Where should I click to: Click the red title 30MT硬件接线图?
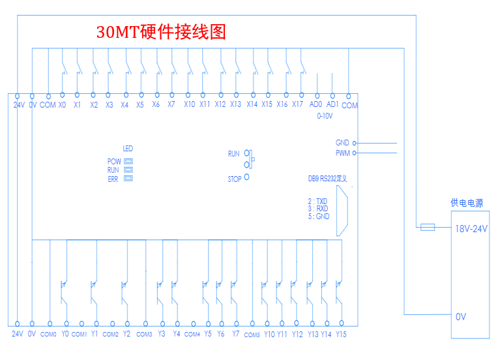pyautogui.click(x=161, y=33)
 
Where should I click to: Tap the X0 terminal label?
pyautogui.click(x=62, y=104)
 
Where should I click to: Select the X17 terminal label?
pyautogui.click(x=298, y=104)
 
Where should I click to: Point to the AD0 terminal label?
pyautogui.click(x=316, y=104)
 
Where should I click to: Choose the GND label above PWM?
pyautogui.click(x=342, y=142)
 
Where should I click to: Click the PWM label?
pyautogui.click(x=342, y=153)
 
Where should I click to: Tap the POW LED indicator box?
pyautogui.click(x=129, y=160)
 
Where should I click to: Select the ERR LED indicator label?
pyautogui.click(x=113, y=179)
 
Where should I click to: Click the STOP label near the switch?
pyautogui.click(x=235, y=178)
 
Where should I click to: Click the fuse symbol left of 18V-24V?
pyautogui.click(x=428, y=227)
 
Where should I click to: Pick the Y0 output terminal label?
pyautogui.click(x=65, y=334)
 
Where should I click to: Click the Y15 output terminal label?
pyautogui.click(x=341, y=334)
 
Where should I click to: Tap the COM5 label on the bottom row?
pyautogui.click(x=252, y=335)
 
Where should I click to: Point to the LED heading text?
pyautogui.click(x=128, y=149)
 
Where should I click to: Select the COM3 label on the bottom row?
pyautogui.click(x=144, y=335)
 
